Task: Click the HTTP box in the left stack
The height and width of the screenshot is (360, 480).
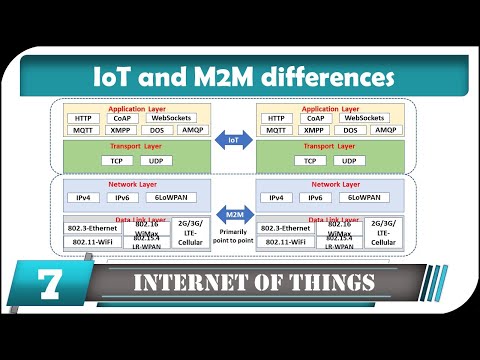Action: tap(83, 117)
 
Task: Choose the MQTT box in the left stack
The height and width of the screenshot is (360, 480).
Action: tap(83, 130)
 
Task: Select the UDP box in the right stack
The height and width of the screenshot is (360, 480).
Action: tap(347, 160)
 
